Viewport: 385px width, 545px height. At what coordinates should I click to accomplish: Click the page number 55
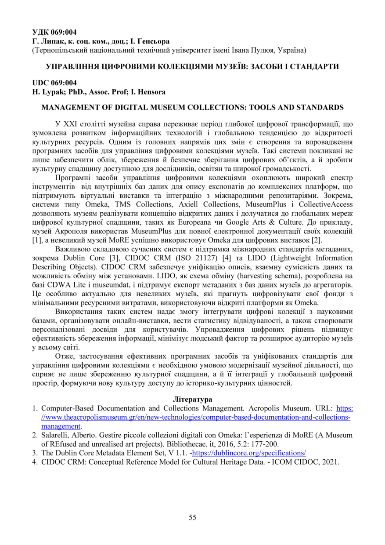[x=192, y=517]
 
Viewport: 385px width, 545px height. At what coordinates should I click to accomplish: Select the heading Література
[x=193, y=400]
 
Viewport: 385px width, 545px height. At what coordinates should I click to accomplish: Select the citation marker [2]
[x=318, y=240]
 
